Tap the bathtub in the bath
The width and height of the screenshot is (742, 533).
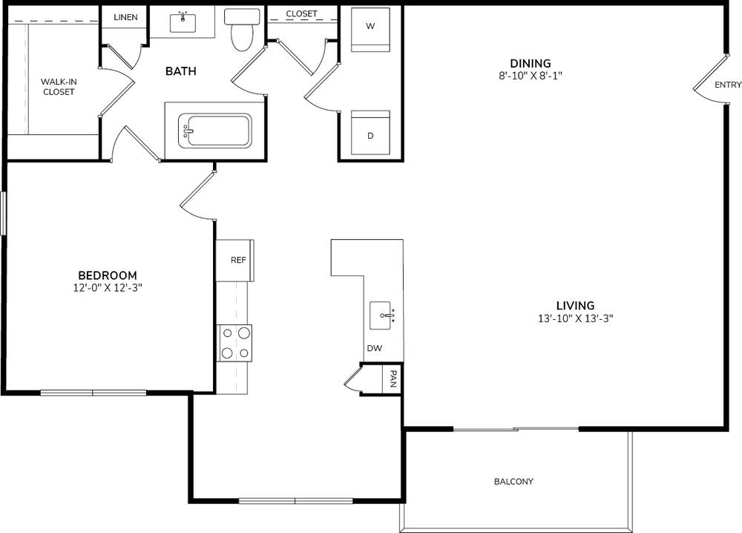tap(214, 131)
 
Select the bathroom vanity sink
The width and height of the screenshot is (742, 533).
tap(183, 23)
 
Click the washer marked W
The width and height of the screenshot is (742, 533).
tap(370, 30)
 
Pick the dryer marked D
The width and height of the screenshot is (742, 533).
tap(370, 133)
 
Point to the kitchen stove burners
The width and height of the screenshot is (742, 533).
tap(234, 343)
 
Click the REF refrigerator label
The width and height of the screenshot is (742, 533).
tap(238, 260)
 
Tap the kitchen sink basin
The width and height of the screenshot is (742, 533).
tap(381, 315)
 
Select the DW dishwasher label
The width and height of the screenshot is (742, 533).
tap(374, 348)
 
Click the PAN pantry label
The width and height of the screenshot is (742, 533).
tap(393, 379)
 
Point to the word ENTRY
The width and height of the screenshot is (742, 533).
tap(728, 85)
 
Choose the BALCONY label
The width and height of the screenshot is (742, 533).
tap(513, 481)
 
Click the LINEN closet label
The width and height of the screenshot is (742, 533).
tap(125, 18)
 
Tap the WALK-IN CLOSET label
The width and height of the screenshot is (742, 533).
tap(59, 87)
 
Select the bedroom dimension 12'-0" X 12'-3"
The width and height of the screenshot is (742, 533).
tap(108, 288)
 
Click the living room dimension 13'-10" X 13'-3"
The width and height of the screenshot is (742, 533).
tap(576, 318)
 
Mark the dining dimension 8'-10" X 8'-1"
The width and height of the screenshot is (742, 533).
tap(531, 76)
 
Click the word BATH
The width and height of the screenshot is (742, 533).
tap(181, 71)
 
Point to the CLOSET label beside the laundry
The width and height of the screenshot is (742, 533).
tap(301, 13)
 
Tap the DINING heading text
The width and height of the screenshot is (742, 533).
tap(531, 63)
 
